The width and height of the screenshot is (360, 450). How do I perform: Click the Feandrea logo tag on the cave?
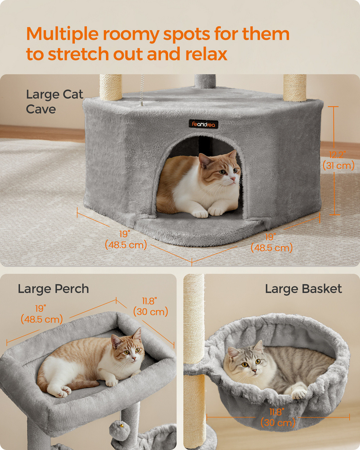point(203,124)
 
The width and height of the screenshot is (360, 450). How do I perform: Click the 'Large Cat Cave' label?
point(55,102)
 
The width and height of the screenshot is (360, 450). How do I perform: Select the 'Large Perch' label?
point(53,289)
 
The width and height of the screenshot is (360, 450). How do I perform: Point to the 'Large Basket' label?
point(303,289)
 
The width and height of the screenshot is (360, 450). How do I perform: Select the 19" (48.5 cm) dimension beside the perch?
point(42,314)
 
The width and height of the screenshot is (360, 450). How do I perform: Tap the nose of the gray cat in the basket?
point(254,371)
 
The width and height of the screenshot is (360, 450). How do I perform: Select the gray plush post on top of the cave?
point(205,82)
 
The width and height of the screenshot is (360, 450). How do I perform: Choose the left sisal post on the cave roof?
point(111,87)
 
